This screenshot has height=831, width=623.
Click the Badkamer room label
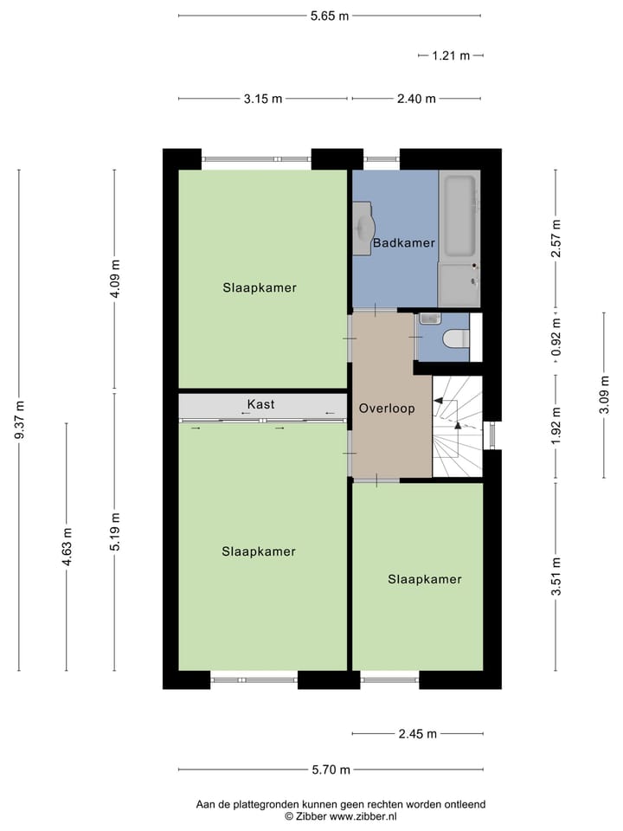coord(403,243)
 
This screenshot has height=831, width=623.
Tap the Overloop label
coord(387,408)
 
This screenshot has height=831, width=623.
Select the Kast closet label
coord(260,404)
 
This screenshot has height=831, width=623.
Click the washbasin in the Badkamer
coord(363,227)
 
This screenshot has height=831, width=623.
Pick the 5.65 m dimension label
coord(330,15)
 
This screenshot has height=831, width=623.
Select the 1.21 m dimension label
coord(450,55)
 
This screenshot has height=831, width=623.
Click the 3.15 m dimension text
coord(263,99)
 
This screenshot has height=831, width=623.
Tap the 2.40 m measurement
coord(415,99)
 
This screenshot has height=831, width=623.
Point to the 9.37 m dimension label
coord(19,420)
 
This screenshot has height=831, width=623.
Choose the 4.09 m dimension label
coord(115,279)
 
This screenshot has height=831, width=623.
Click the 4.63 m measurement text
coord(67,547)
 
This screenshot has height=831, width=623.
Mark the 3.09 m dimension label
coord(604,394)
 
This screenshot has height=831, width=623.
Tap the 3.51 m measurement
coord(556,576)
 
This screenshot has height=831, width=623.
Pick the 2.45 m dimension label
coord(418,734)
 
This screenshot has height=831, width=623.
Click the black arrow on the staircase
coord(439,403)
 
